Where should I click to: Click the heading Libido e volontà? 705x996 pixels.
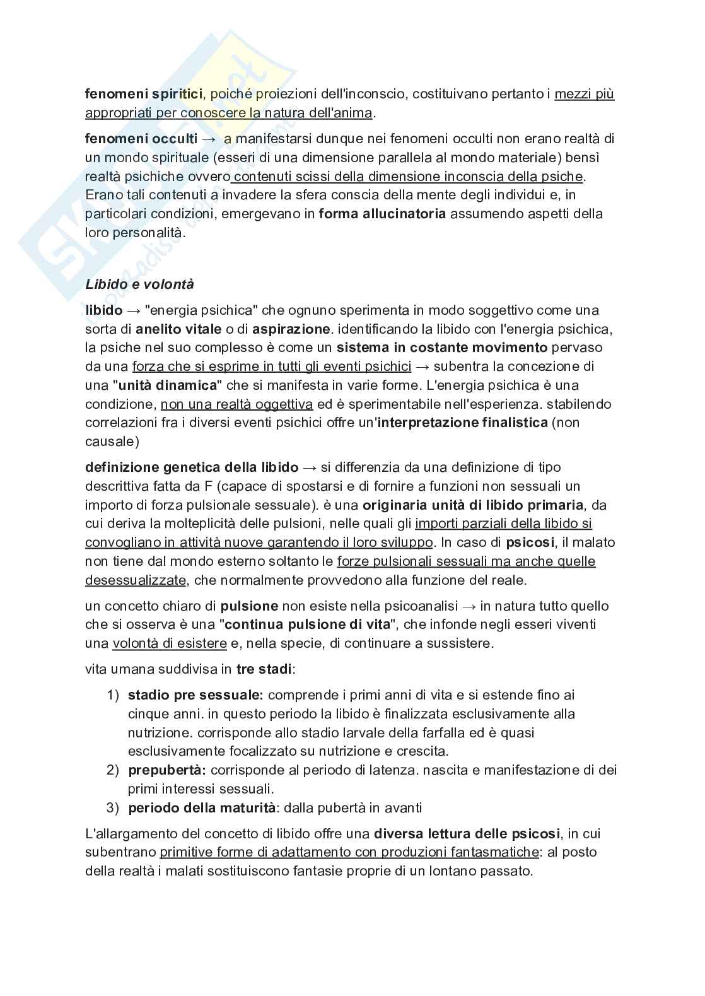tap(139, 284)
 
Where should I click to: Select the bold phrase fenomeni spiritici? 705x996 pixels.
tap(144, 94)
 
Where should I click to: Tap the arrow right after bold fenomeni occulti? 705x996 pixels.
tap(209, 138)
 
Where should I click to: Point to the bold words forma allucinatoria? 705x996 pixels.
tap(382, 214)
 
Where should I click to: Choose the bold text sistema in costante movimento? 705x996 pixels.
tap(442, 348)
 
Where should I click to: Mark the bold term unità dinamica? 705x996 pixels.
tap(167, 385)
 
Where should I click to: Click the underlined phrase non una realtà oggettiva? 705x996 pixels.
tap(236, 404)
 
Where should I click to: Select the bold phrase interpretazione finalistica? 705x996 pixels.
tap(462, 423)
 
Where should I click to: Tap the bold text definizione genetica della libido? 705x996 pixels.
tap(192, 467)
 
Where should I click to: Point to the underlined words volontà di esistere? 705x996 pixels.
tap(169, 643)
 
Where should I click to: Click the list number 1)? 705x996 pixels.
tap(112, 695)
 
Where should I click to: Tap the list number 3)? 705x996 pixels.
tap(112, 808)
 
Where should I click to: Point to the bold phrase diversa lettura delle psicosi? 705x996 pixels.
tap(467, 833)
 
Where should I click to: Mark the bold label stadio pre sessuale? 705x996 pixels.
tap(195, 695)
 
